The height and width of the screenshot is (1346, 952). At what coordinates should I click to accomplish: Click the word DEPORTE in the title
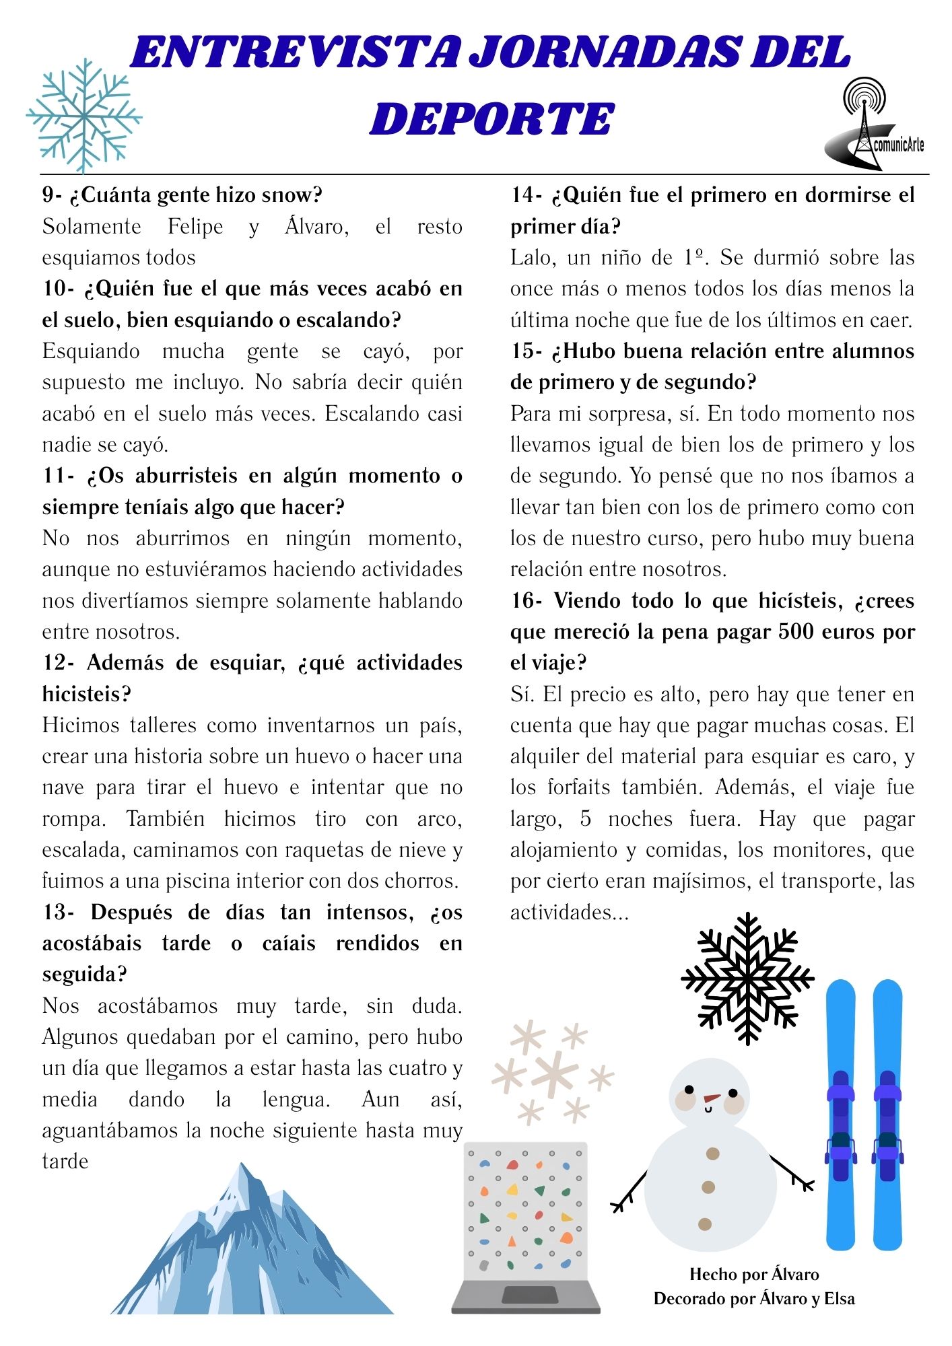point(491,120)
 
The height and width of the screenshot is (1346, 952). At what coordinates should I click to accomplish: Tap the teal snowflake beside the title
point(83,116)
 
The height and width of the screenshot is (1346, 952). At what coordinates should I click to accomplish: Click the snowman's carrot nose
point(711,1099)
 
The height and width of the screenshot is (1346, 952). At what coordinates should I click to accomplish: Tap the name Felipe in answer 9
point(195,226)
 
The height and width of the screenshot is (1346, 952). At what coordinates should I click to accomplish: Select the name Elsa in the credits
point(839,1298)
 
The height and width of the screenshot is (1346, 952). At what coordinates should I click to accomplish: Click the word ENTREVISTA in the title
point(296,54)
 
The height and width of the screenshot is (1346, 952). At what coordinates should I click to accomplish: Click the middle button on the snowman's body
point(708,1187)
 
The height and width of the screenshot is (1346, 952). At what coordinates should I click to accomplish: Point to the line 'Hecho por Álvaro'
point(754,1274)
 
